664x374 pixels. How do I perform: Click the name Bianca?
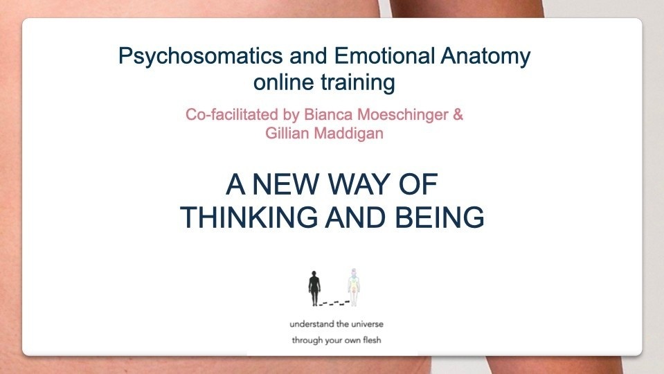(x=327, y=114)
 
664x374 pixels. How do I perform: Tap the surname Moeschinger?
(x=403, y=115)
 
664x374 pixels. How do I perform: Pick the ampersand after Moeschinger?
(x=458, y=115)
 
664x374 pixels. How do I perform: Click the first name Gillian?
(x=287, y=133)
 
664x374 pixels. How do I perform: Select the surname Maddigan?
(x=348, y=134)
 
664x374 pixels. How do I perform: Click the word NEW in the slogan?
(x=285, y=184)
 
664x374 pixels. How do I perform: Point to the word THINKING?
(x=249, y=217)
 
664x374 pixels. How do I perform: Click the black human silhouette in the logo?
(x=314, y=288)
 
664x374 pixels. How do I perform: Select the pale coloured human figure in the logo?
(x=354, y=287)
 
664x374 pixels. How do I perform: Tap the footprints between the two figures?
(x=334, y=303)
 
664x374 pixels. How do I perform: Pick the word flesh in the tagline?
(x=372, y=339)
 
